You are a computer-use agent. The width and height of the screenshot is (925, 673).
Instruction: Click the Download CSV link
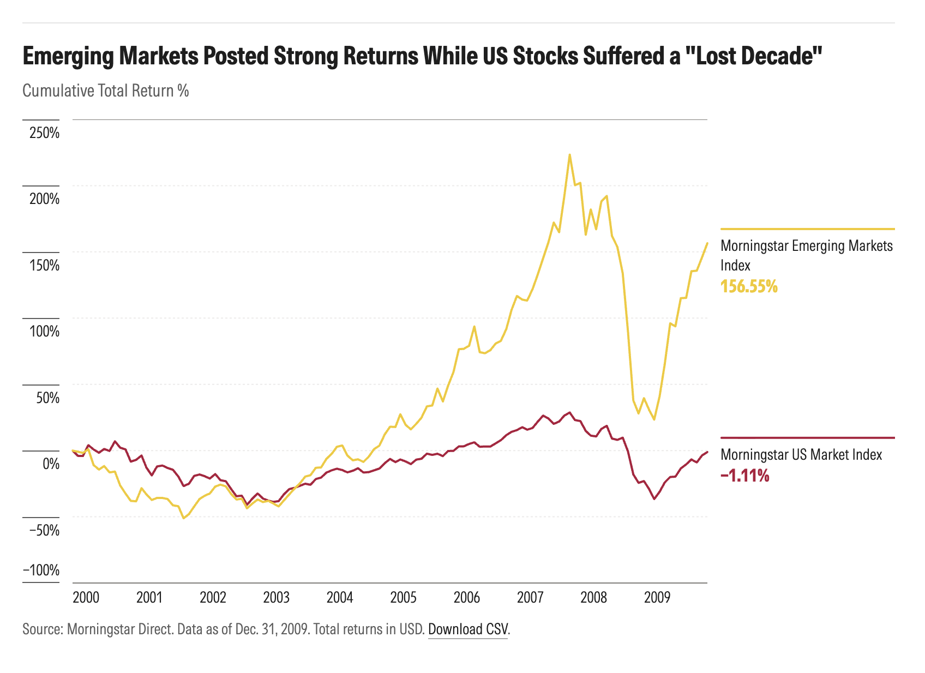click(467, 629)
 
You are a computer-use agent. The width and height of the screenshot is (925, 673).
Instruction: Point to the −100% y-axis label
click(41, 570)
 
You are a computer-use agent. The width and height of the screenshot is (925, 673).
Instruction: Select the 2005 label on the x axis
click(403, 597)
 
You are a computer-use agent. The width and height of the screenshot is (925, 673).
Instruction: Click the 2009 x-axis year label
click(657, 597)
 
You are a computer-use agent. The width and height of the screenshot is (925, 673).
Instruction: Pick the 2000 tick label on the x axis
click(86, 597)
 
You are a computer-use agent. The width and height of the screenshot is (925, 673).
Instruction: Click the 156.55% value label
click(749, 286)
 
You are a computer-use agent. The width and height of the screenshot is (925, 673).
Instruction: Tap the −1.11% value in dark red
click(744, 476)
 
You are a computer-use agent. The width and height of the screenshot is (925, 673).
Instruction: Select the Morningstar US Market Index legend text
click(801, 455)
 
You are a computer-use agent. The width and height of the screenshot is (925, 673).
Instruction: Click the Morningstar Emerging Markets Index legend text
click(806, 255)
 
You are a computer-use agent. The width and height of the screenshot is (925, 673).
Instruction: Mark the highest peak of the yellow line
click(569, 154)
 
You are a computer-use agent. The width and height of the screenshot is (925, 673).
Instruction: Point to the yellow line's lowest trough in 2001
click(184, 518)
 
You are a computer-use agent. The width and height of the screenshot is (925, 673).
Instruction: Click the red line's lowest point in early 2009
click(654, 499)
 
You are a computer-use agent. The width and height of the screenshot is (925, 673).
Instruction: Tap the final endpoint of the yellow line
click(707, 243)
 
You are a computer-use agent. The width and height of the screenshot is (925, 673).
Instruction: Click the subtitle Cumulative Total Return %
click(105, 91)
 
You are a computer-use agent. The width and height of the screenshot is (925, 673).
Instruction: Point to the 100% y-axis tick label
click(44, 332)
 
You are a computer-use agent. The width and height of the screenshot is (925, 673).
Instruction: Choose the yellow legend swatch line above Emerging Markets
click(807, 229)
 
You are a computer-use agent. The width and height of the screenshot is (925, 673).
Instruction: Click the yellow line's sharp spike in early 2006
click(474, 326)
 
